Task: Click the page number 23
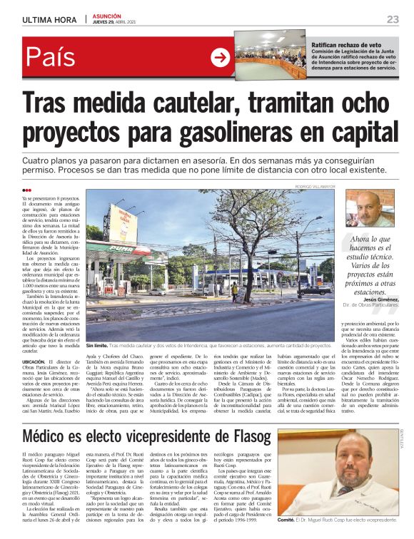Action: [x=393, y=19]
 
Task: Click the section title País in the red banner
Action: [x=59, y=58]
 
